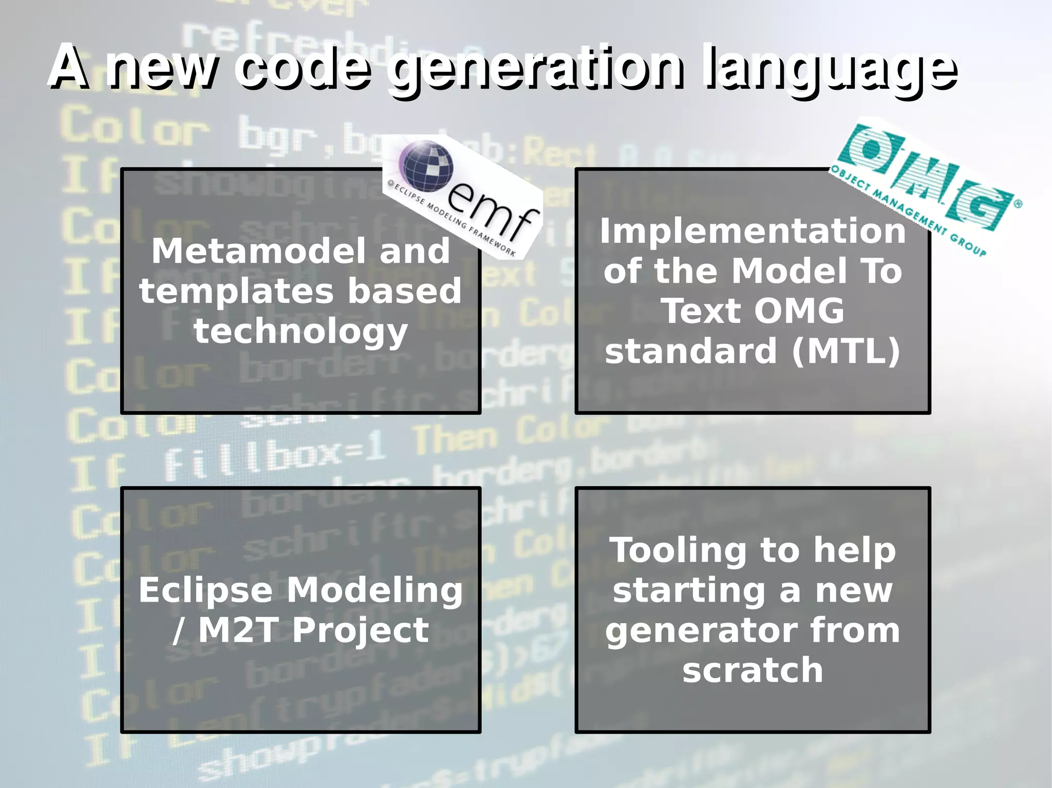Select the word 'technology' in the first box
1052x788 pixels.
click(x=300, y=332)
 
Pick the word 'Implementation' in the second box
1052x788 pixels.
click(x=753, y=231)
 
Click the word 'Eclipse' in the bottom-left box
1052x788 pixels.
click(x=205, y=590)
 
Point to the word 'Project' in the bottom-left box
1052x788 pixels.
click(x=360, y=631)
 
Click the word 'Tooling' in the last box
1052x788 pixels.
click(x=678, y=550)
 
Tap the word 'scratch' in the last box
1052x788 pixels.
click(x=753, y=670)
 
